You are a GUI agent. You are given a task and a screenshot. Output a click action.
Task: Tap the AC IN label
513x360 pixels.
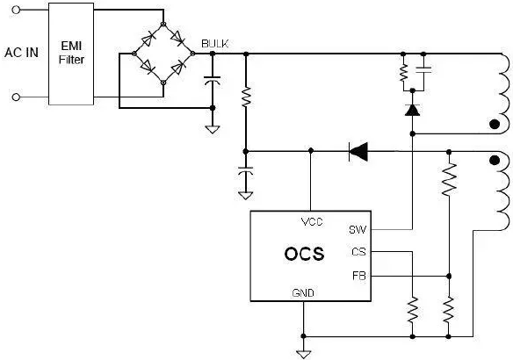pos(21,53)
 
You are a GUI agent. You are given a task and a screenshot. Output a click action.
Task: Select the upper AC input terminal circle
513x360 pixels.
pos(16,10)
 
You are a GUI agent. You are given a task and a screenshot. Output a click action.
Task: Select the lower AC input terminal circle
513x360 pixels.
pos(16,97)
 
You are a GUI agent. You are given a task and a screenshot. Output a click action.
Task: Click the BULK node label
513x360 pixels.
pos(215,44)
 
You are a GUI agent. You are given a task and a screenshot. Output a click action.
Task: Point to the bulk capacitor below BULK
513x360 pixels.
pos(213,79)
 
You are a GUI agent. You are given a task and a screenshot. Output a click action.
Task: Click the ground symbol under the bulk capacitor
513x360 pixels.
pos(213,130)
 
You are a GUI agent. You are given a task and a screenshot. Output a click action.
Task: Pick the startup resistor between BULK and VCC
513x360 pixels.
pos(246,97)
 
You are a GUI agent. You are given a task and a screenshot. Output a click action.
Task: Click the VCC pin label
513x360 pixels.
pos(312,221)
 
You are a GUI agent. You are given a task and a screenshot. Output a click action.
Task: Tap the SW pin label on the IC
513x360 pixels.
pos(358,230)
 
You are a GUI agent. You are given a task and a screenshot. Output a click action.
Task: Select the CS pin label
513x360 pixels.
pos(358,252)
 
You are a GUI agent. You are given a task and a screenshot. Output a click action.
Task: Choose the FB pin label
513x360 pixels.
pos(359,276)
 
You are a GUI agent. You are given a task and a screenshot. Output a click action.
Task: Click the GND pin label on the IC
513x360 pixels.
pos(303,292)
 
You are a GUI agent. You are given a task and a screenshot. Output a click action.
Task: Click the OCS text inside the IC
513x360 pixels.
pos(304,254)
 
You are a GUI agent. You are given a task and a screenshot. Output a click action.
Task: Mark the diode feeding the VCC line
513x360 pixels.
pos(358,152)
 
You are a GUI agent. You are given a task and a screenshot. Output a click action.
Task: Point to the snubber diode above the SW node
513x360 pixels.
pos(412,110)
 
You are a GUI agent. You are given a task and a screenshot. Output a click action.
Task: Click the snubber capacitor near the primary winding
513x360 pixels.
pos(423,69)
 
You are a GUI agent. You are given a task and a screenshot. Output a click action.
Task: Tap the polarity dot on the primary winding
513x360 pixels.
pos(495,125)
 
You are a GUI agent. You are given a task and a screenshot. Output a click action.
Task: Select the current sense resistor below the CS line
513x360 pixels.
pos(413,310)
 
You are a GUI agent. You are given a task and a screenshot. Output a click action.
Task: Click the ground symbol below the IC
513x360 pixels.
pos(303,354)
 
